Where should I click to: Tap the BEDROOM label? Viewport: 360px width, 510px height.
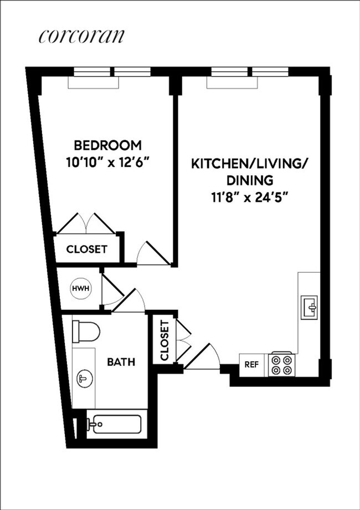108,146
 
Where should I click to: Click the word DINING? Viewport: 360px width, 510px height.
250,180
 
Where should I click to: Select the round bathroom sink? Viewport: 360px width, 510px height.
84,379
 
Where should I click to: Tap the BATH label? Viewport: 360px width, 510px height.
121,362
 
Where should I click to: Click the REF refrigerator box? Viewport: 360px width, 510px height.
252,364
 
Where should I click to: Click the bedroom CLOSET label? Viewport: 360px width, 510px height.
86,249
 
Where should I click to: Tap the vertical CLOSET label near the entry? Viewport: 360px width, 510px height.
164,340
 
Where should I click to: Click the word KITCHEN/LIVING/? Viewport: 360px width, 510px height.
251,164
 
